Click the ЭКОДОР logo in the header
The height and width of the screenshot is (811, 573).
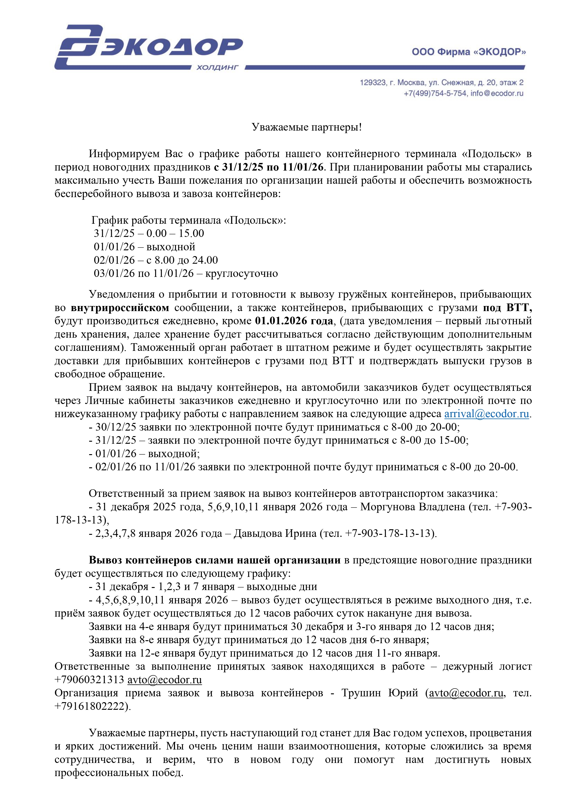(148, 47)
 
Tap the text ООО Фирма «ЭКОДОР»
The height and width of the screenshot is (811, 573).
(469, 52)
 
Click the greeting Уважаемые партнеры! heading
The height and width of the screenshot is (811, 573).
(307, 127)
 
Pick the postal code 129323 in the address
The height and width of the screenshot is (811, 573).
(373, 83)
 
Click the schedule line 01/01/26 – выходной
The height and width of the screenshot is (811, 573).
(144, 247)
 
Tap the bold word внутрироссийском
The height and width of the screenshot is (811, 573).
(120, 308)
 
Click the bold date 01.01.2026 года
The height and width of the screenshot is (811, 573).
(294, 321)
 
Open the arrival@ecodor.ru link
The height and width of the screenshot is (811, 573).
(486, 414)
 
